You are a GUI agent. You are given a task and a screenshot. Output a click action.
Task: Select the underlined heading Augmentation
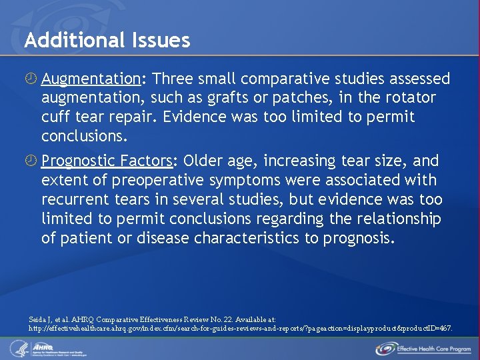(91, 79)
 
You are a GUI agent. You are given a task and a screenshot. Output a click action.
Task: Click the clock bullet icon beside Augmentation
(31, 79)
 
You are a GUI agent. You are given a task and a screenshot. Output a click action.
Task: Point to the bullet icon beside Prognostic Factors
(31, 161)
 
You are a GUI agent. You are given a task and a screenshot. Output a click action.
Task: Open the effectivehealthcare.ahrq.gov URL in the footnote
(240, 329)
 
